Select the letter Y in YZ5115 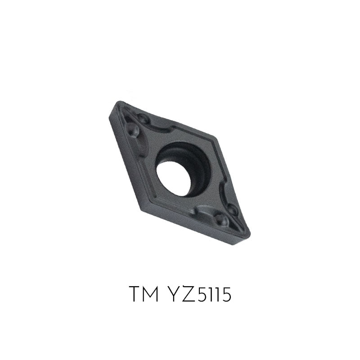click(172, 294)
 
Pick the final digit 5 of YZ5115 click(226, 295)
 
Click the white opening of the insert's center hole click(173, 178)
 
